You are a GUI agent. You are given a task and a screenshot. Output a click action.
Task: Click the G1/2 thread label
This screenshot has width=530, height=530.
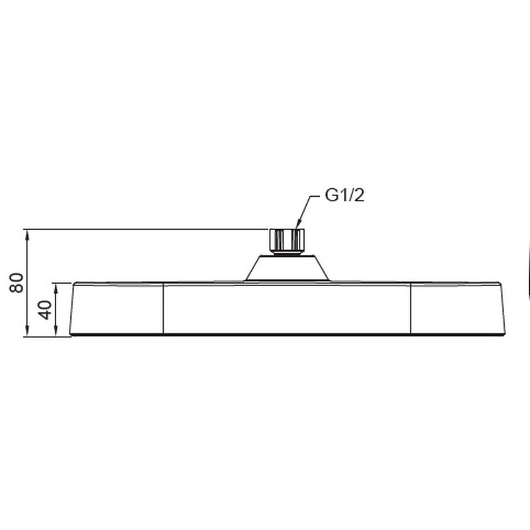(x=344, y=196)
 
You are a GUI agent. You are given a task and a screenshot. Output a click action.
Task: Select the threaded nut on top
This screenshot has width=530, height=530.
(x=286, y=239)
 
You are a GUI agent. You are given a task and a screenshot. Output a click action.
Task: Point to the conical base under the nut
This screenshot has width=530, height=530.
(x=286, y=268)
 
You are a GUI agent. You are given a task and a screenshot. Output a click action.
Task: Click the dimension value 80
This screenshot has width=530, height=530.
(x=18, y=282)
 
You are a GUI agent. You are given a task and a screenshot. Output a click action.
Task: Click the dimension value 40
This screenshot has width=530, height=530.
(x=45, y=309)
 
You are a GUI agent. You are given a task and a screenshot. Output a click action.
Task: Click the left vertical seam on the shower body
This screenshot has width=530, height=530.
(x=163, y=308)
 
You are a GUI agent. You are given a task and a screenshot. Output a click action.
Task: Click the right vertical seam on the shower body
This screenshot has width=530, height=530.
(x=410, y=308)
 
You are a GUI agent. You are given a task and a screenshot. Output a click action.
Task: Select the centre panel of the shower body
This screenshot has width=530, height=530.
(x=286, y=308)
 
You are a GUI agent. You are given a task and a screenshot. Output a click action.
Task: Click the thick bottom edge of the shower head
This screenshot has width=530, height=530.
(x=286, y=335)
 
